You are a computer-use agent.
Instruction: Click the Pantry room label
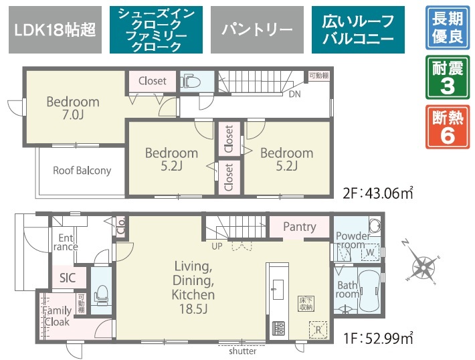pyautogui.click(x=299, y=227)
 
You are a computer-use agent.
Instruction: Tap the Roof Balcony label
pyautogui.click(x=82, y=171)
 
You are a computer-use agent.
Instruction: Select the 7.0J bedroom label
pyautogui.click(x=73, y=108)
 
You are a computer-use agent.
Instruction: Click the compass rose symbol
pyautogui.click(x=423, y=267)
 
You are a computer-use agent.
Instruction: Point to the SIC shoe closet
pyautogui.click(x=68, y=278)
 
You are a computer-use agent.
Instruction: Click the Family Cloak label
pyautogui.click(x=57, y=316)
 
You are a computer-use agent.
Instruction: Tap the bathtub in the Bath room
pyautogui.click(x=369, y=290)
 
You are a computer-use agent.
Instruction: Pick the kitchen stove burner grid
pyautogui.click(x=278, y=328)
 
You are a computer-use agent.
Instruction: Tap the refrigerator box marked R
pyautogui.click(x=318, y=329)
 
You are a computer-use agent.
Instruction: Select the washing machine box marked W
pyautogui.click(x=370, y=252)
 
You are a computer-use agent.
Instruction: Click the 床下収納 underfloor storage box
pyautogui.click(x=306, y=304)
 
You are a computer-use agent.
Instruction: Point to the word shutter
pyautogui.click(x=242, y=351)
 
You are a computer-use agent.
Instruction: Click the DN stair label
pyautogui.click(x=294, y=94)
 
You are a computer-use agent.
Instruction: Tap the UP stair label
pyautogui.click(x=217, y=246)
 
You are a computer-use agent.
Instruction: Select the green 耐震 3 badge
pyautogui.click(x=448, y=77)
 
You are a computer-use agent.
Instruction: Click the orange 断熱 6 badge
pyautogui.click(x=448, y=126)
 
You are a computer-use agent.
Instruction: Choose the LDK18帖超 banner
pyautogui.click(x=55, y=29)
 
